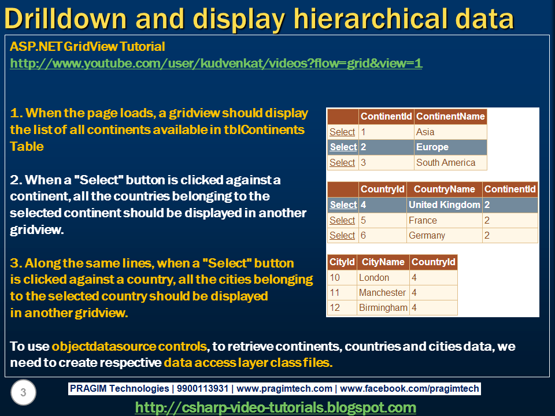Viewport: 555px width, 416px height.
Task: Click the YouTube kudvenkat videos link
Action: tap(216, 64)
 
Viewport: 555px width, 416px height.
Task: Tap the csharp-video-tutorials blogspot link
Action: tap(275, 407)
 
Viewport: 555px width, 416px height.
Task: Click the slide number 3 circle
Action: tap(23, 393)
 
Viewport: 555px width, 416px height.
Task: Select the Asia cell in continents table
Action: tap(425, 132)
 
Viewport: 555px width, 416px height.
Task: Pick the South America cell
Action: tap(445, 162)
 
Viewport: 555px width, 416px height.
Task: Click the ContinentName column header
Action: tap(450, 116)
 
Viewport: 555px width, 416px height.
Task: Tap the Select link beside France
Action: tap(342, 220)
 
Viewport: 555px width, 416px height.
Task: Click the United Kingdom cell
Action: tap(444, 205)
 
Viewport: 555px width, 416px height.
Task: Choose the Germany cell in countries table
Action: tap(427, 235)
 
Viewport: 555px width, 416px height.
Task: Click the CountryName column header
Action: tap(444, 189)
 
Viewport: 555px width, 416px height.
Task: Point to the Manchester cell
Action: tap(382, 292)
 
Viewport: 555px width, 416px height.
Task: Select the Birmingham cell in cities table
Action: tap(383, 307)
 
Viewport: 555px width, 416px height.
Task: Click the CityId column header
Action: tap(342, 262)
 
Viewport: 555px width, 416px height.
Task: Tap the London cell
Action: tap(373, 277)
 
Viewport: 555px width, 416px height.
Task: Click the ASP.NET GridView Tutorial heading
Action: tap(87, 47)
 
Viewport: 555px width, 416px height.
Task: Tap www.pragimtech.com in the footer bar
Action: tap(285, 389)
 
